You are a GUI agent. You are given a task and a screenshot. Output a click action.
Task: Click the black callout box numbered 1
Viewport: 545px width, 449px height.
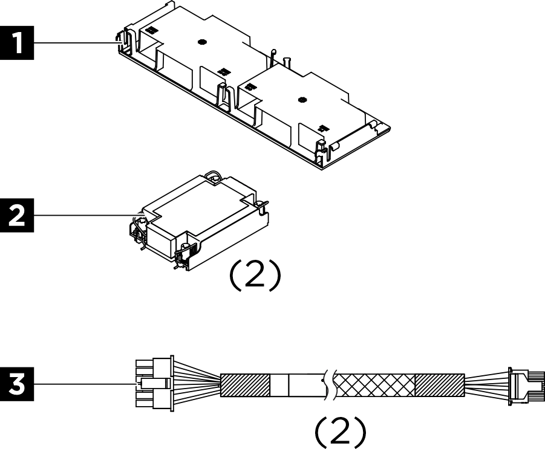tap(17, 44)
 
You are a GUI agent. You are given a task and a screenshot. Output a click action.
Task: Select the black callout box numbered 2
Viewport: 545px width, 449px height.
tap(17, 215)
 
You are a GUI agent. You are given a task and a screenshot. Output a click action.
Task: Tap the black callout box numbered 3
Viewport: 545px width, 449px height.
tap(17, 384)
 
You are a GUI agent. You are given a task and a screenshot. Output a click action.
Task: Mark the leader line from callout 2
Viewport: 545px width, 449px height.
tap(82, 215)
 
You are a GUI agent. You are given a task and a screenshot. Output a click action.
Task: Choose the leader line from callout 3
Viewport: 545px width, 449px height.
tap(82, 384)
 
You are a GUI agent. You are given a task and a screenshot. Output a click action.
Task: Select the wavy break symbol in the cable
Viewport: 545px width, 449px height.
tap(330, 384)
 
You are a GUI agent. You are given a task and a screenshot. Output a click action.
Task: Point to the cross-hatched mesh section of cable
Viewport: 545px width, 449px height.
tap(375, 385)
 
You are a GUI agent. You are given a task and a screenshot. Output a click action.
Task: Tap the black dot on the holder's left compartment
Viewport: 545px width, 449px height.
tap(202, 42)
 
